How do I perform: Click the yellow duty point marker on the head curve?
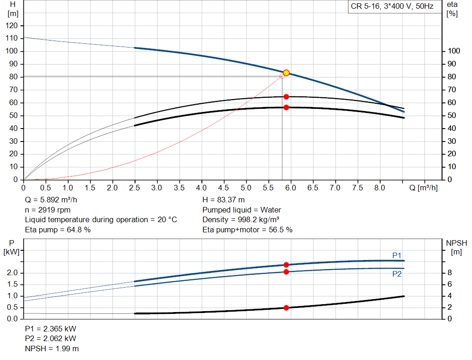click(x=286, y=73)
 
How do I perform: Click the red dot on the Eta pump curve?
click(x=286, y=97)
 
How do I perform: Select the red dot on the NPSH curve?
click(x=286, y=308)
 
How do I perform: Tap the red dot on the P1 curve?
click(x=286, y=265)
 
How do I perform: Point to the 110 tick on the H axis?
click(x=12, y=38)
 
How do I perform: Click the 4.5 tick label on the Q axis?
click(x=224, y=188)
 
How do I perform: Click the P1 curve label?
click(x=397, y=255)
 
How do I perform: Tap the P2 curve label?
click(x=397, y=274)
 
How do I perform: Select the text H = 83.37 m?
click(x=224, y=200)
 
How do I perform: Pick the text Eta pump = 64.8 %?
click(x=58, y=229)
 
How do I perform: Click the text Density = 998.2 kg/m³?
click(x=241, y=219)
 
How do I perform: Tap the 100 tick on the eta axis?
click(x=454, y=51)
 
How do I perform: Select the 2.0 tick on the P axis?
click(x=12, y=273)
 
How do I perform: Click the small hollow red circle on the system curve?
click(x=282, y=76)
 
